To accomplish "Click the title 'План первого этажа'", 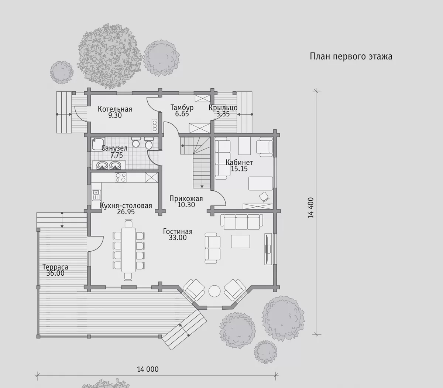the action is pyautogui.click(x=351, y=57).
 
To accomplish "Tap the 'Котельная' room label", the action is pyautogui.click(x=115, y=109).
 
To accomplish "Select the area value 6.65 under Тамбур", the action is pyautogui.click(x=182, y=114).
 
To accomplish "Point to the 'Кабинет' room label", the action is pyautogui.click(x=239, y=162).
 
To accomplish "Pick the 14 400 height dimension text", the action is pyautogui.click(x=310, y=208).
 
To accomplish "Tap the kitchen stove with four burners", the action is pyautogui.click(x=121, y=177).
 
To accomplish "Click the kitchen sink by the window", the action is pyautogui.click(x=96, y=195).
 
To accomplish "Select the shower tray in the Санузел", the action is pyautogui.click(x=98, y=144).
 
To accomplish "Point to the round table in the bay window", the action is pyautogui.click(x=214, y=291).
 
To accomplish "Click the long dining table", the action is pyautogui.click(x=128, y=249).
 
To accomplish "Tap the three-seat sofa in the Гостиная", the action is pyautogui.click(x=242, y=222).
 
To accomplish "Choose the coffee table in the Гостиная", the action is pyautogui.click(x=240, y=241).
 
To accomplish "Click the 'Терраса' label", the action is pyautogui.click(x=55, y=267).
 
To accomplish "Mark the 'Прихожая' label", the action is pyautogui.click(x=186, y=198).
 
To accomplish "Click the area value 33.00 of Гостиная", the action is pyautogui.click(x=178, y=238).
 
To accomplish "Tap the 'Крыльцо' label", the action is pyautogui.click(x=223, y=108).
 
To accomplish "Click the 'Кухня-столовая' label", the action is pyautogui.click(x=126, y=205).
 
